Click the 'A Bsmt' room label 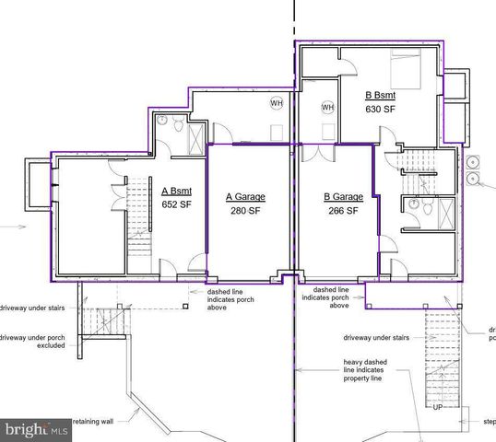[x=176, y=192]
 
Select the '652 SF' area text [x=176, y=204]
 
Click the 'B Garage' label [x=343, y=197]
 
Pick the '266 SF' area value [x=343, y=210]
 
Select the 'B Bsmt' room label [x=382, y=95]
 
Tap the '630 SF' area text [x=382, y=109]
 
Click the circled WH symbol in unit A [x=276, y=103]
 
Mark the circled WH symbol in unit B [x=327, y=108]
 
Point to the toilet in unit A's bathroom [x=162, y=121]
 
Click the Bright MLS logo [x=37, y=430]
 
